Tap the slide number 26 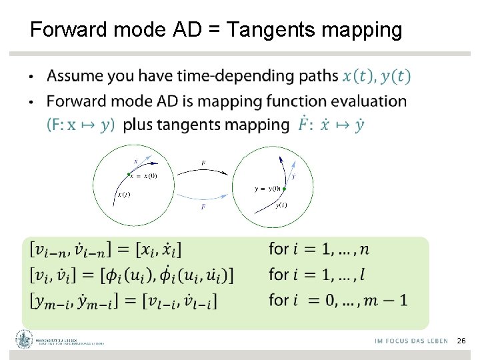[x=461, y=341]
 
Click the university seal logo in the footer [x=25, y=340]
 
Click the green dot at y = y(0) [x=284, y=189]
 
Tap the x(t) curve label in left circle [x=123, y=195]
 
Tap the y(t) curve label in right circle [x=281, y=205]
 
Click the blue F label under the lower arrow [x=203, y=207]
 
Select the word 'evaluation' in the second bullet [x=369, y=101]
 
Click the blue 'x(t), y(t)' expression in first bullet [x=376, y=76]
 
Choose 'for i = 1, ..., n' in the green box [x=318, y=249]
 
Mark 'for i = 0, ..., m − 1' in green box [x=337, y=300]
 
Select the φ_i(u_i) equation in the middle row [x=132, y=274]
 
